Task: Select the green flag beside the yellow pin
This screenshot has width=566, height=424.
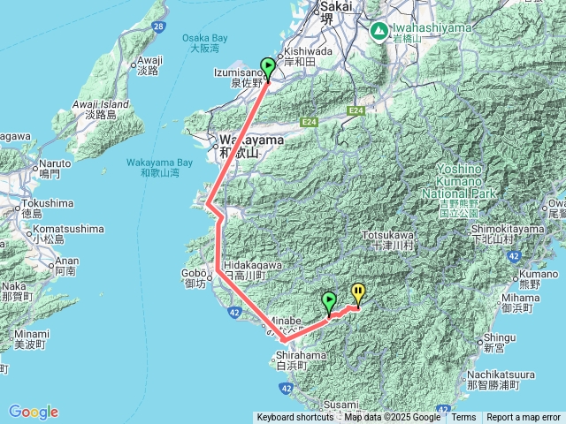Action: pyautogui.click(x=330, y=301)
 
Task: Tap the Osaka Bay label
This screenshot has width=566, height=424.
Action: pyautogui.click(x=204, y=43)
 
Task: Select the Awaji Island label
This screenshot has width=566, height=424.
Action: pyautogui.click(x=107, y=109)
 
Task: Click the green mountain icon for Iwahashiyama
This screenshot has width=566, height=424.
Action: pyautogui.click(x=379, y=31)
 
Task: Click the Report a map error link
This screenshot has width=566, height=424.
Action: pyautogui.click(x=524, y=418)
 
